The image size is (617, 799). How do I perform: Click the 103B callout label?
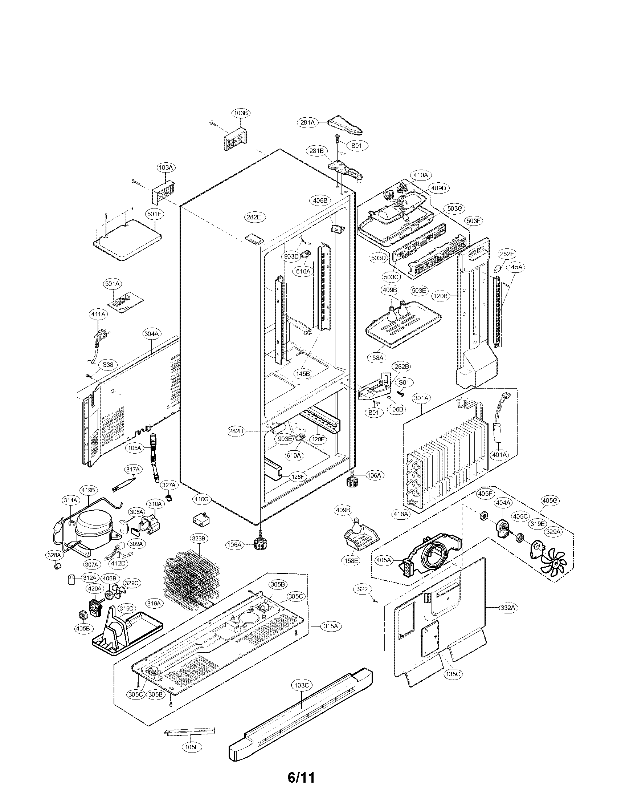pyautogui.click(x=241, y=113)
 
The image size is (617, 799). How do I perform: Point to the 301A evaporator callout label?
pyautogui.click(x=421, y=397)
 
